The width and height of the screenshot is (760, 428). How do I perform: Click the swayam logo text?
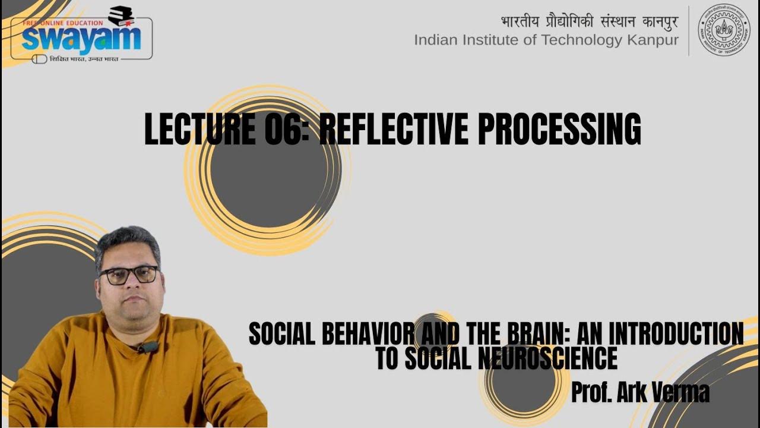pyautogui.click(x=81, y=39)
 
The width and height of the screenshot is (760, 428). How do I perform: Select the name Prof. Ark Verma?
pyautogui.click(x=640, y=392)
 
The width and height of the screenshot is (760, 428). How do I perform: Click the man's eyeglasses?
pyautogui.click(x=128, y=274)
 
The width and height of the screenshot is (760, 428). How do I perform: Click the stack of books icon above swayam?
pyautogui.click(x=121, y=15)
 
